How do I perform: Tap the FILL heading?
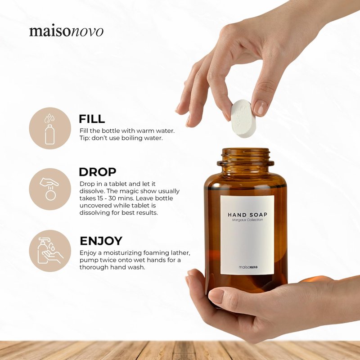[x=92, y=119]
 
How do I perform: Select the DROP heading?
[x=98, y=172]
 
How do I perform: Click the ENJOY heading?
[x=101, y=241]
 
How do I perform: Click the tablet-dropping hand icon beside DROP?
[x=49, y=189]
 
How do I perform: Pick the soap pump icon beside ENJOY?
[x=50, y=251]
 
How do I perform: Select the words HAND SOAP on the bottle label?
[x=247, y=215]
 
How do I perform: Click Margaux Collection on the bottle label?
[x=247, y=220]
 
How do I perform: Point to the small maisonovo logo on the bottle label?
[x=248, y=267]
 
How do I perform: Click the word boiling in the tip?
[x=131, y=138]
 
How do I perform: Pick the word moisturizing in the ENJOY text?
[x=122, y=253]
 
